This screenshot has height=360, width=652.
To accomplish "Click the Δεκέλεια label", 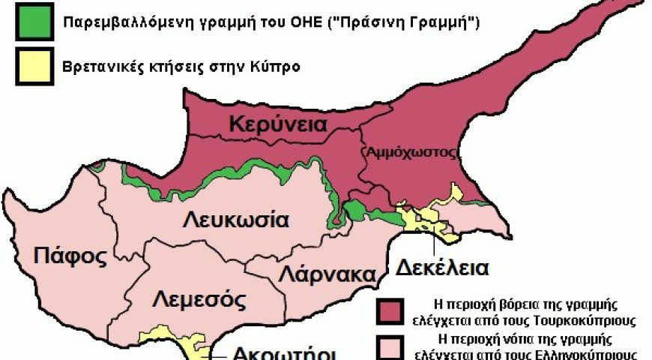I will (442, 267).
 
